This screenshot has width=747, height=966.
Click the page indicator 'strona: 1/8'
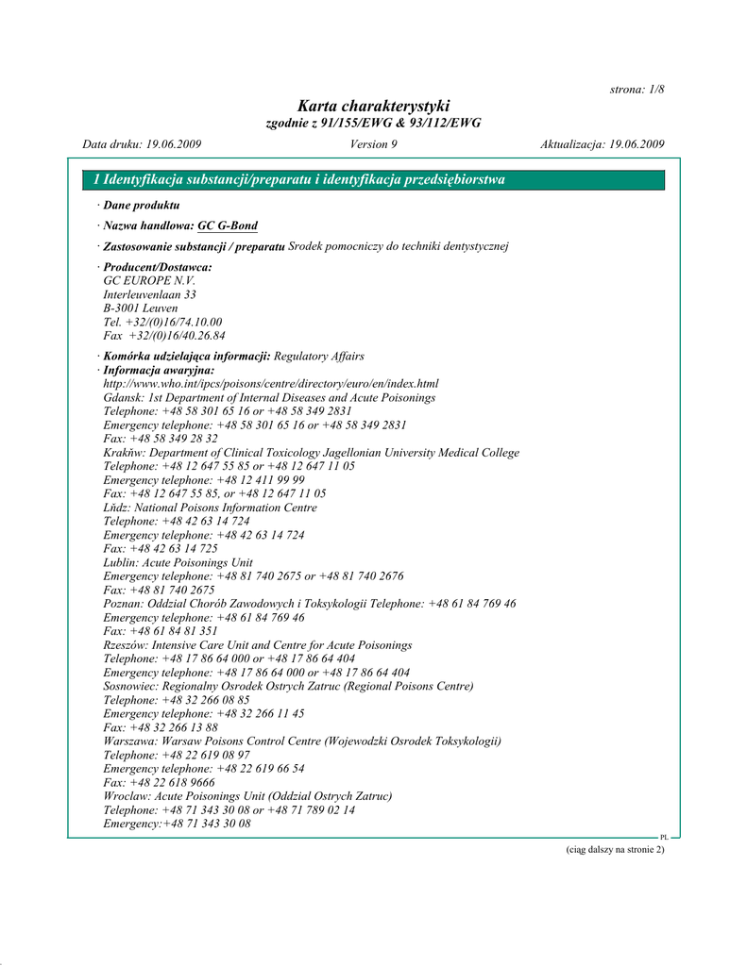click(637, 89)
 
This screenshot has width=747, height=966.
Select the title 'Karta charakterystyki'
click(373, 106)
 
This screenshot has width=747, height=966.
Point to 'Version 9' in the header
click(373, 144)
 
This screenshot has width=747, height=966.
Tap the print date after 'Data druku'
click(173, 144)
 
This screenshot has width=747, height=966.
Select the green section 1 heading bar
click(373, 179)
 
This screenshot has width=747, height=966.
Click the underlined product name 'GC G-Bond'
click(228, 225)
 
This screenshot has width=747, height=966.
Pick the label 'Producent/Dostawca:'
click(158, 268)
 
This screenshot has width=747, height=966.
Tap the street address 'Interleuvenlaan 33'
click(149, 294)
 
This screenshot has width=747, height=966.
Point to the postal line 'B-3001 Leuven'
click(141, 308)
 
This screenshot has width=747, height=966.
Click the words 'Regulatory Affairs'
click(318, 357)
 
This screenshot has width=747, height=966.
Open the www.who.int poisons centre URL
click(271, 384)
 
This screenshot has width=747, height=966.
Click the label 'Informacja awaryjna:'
click(160, 371)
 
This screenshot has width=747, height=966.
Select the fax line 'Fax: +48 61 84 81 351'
click(161, 630)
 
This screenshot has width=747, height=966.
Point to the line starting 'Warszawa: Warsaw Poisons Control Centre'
click(302, 741)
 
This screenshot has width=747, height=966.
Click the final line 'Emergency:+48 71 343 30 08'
click(177, 824)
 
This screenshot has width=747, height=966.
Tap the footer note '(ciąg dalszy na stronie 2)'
click(615, 850)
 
